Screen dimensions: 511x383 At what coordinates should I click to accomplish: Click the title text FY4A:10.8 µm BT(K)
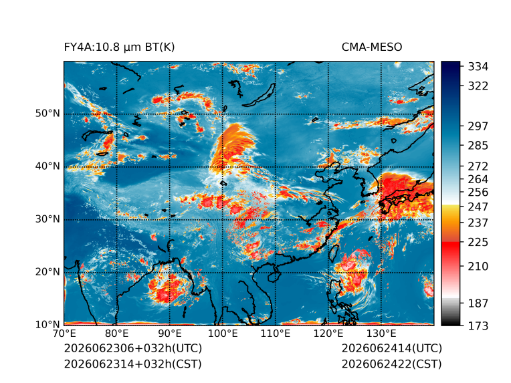119,47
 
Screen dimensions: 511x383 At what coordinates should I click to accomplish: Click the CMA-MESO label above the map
372,47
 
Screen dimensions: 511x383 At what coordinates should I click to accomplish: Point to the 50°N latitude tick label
47,114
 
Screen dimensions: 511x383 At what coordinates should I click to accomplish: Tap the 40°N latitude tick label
47,166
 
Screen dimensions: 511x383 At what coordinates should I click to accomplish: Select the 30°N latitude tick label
47,219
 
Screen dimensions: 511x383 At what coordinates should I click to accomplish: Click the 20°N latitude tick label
47,271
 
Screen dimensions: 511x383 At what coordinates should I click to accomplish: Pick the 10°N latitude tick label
47,324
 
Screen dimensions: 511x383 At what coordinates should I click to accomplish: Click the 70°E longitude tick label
64,334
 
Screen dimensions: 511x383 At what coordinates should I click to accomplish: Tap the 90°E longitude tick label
169,334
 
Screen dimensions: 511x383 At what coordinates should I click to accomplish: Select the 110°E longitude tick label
276,334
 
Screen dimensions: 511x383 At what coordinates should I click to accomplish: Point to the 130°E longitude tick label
381,334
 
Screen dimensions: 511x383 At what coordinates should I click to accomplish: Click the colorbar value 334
478,67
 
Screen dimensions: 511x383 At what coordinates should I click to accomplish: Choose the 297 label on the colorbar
478,126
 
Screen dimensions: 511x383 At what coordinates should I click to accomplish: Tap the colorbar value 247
478,207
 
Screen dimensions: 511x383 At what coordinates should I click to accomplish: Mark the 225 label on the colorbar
478,243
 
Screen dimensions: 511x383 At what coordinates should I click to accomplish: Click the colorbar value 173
478,326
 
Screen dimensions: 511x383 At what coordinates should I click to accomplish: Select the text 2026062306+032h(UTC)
133,348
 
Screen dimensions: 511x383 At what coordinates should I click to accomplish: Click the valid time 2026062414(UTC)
392,348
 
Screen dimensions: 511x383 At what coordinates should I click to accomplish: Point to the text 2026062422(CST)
392,364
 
